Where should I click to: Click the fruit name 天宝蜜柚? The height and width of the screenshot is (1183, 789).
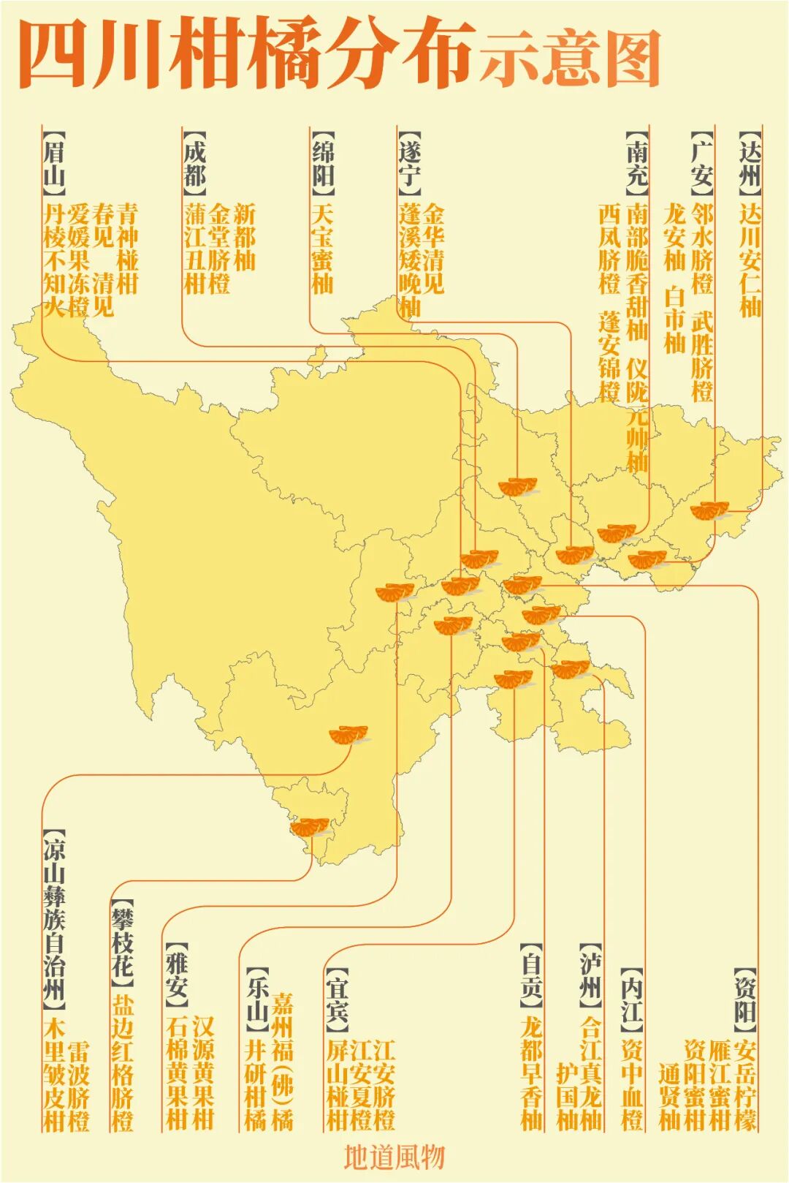[323, 249]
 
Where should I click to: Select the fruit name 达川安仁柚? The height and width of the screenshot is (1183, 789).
[750, 260]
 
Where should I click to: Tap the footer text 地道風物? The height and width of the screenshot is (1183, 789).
[394, 1157]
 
